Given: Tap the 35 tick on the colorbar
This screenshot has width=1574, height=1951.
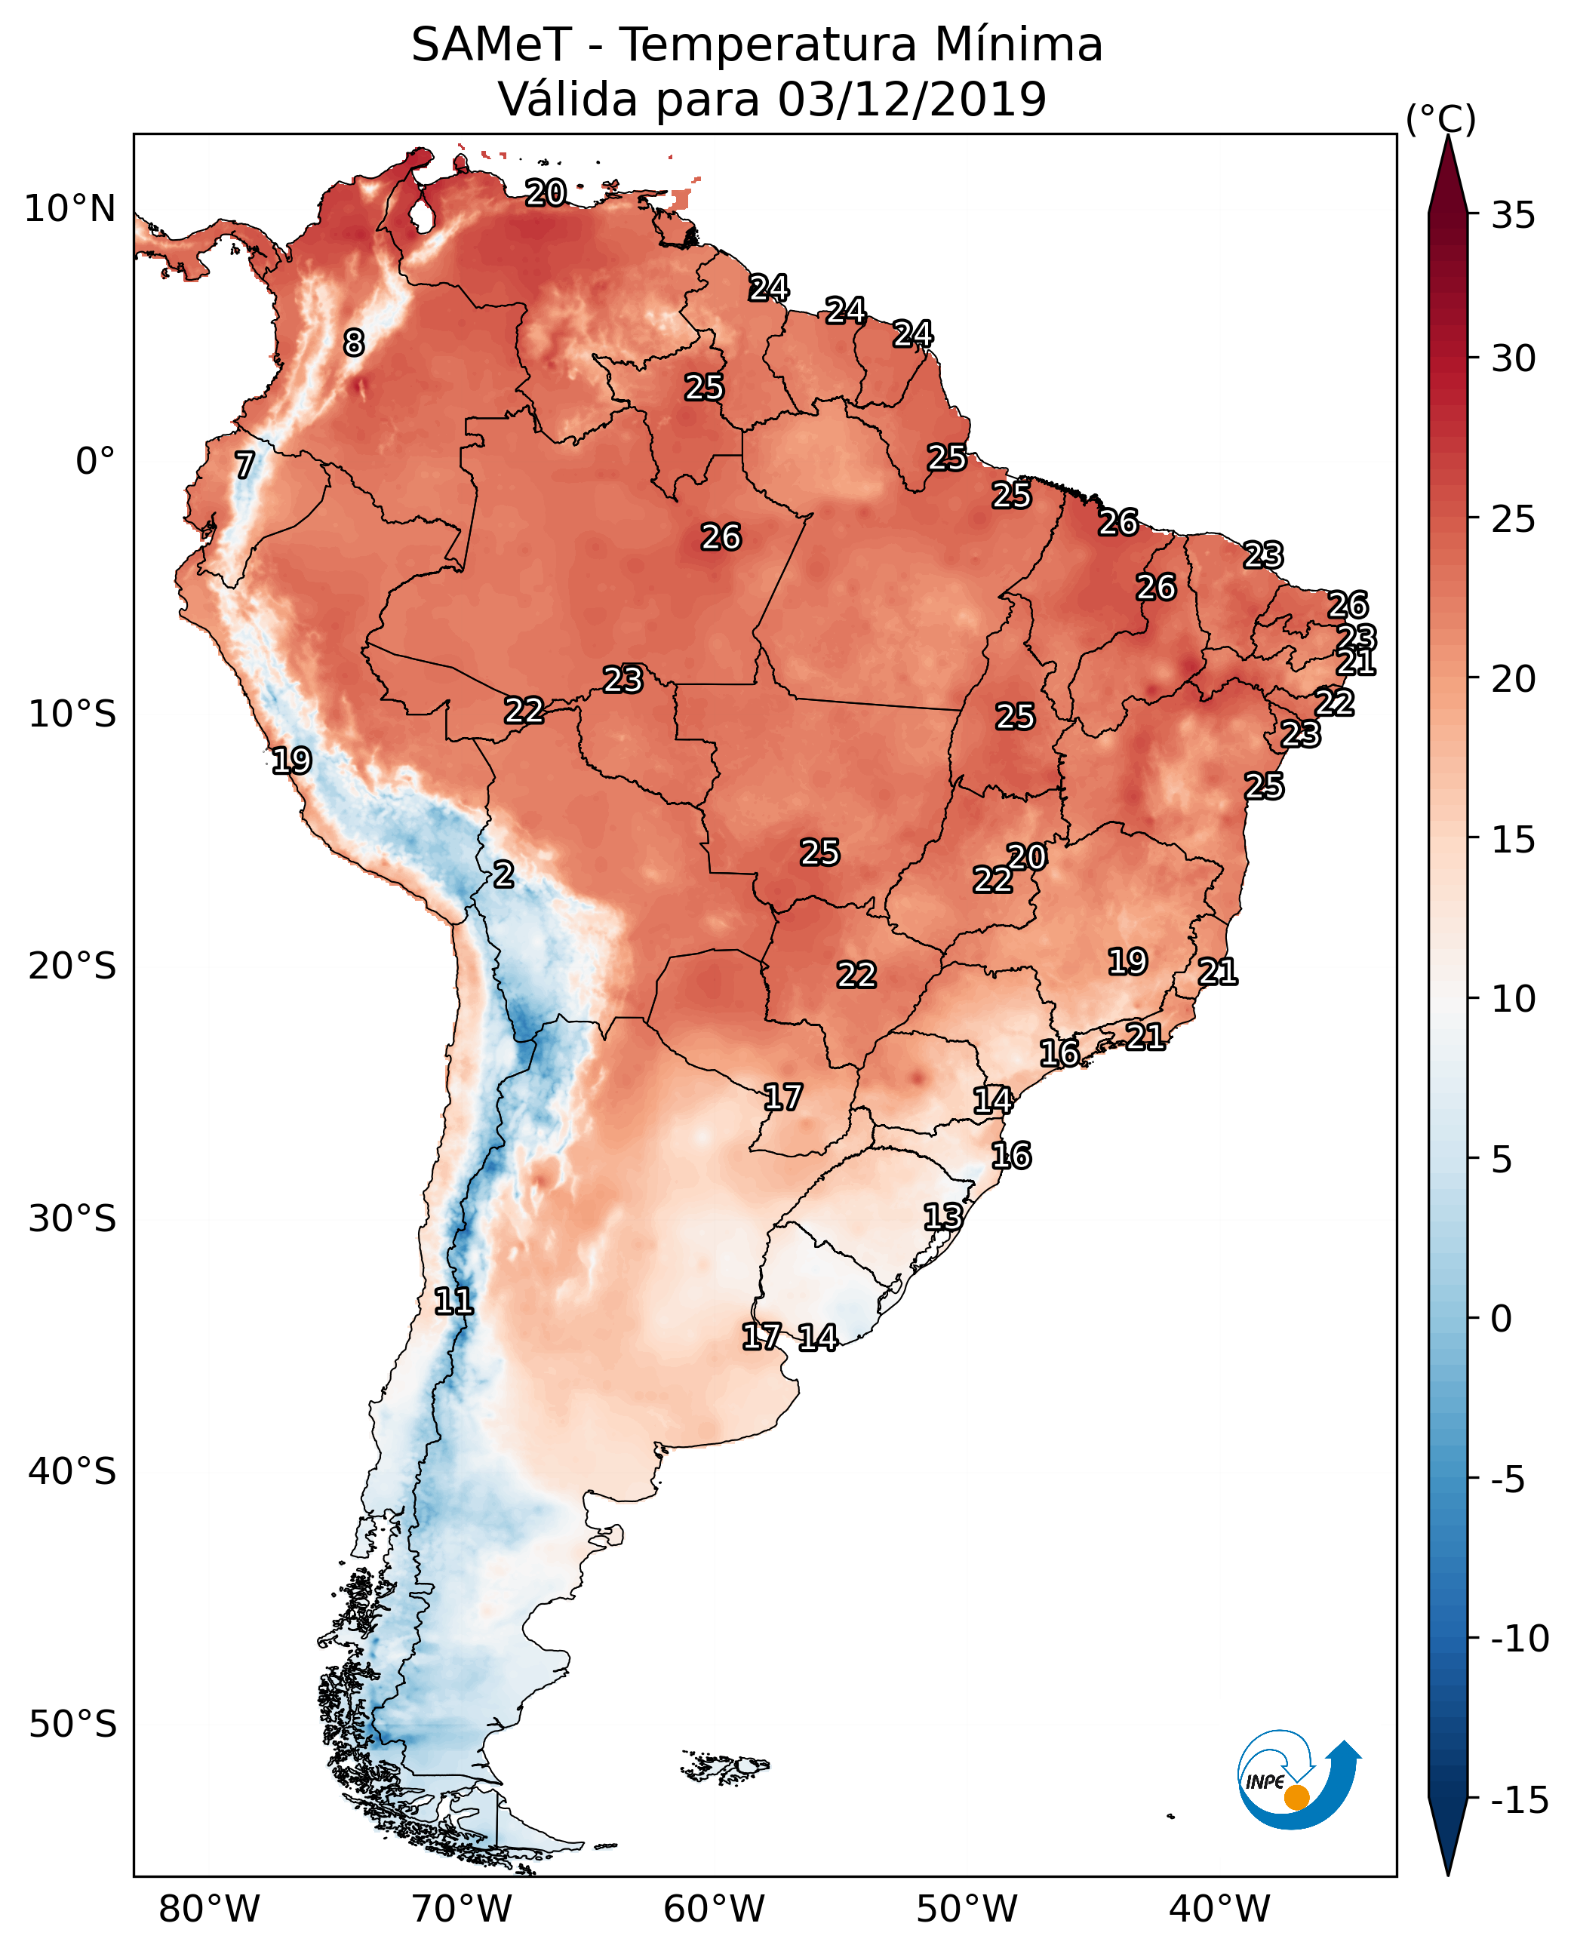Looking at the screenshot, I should [x=1513, y=216].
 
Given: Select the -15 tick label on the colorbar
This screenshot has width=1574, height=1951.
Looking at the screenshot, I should [x=1520, y=1799].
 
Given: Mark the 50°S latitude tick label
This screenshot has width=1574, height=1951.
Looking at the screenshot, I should [x=72, y=1723].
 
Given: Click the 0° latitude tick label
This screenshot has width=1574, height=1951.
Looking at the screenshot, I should [x=95, y=462].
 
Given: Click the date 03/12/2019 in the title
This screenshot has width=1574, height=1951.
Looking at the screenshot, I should [x=912, y=99].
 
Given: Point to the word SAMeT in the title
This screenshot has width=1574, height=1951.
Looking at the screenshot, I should [x=491, y=45].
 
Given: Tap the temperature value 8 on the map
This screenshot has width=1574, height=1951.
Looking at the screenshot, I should [x=354, y=343].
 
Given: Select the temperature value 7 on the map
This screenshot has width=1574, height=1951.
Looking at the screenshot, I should [x=244, y=465].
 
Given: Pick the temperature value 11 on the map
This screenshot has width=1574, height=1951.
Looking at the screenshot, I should [x=453, y=1302].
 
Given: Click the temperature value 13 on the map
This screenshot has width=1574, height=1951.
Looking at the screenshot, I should [x=943, y=1217].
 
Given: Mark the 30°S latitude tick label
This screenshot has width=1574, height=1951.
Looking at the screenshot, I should [x=72, y=1219].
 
